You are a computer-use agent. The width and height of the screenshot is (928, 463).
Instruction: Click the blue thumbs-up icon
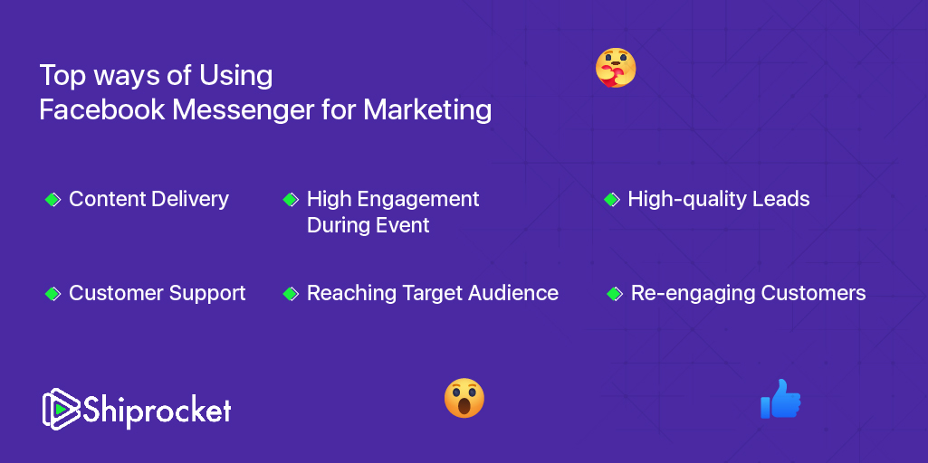(x=780, y=400)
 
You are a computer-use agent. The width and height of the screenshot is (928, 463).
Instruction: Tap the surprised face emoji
(x=464, y=398)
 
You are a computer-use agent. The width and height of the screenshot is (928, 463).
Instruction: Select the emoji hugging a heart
(x=616, y=68)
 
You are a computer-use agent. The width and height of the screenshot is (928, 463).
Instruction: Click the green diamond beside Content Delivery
(x=53, y=199)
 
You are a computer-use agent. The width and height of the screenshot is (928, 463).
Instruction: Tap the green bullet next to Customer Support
(x=53, y=293)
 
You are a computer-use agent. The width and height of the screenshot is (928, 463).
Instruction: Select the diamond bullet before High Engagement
(x=291, y=199)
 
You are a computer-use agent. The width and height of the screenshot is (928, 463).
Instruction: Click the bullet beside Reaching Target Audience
(x=291, y=293)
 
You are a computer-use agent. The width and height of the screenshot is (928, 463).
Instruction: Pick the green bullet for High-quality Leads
(x=612, y=199)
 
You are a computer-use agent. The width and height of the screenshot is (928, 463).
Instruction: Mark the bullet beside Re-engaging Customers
(x=615, y=293)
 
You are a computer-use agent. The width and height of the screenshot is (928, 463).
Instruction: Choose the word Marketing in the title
(x=427, y=110)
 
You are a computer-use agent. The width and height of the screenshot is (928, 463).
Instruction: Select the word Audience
(x=515, y=293)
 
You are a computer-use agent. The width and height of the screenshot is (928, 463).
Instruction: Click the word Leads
(x=784, y=199)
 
